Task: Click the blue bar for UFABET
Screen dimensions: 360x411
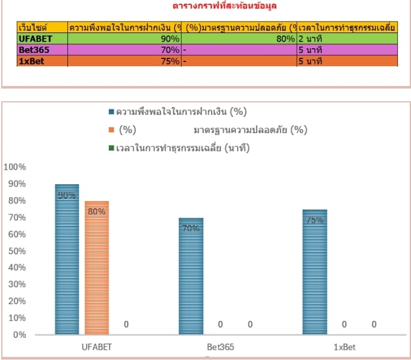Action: point(67,259)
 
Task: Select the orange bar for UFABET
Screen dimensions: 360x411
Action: point(96,267)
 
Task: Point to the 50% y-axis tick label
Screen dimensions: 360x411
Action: point(16,250)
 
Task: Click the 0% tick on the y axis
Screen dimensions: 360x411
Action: point(19,334)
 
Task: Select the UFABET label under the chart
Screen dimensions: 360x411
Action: point(97,347)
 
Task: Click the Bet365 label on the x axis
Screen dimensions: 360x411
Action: point(220,347)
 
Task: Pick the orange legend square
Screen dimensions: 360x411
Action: point(111,130)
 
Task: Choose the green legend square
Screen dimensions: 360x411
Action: point(111,147)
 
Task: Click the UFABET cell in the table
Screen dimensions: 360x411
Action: point(36,39)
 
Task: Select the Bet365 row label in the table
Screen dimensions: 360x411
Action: point(34,49)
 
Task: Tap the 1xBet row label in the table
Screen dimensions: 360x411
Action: point(32,61)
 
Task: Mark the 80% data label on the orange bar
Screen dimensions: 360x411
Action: point(96,212)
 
